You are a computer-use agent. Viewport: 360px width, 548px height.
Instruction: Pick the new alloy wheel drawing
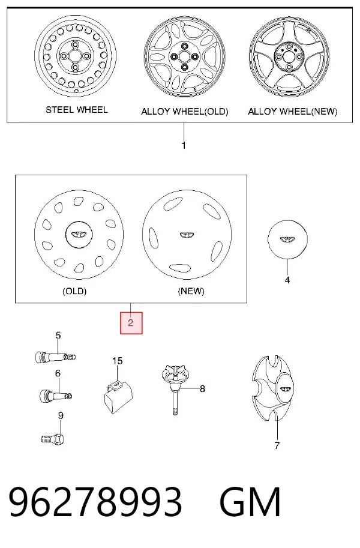(289, 58)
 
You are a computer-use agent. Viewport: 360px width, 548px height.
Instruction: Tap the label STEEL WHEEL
(77, 110)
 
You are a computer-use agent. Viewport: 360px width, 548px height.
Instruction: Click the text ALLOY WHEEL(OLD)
(185, 112)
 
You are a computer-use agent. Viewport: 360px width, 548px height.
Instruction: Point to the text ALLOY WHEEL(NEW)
(293, 112)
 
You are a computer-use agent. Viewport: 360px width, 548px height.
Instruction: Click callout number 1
(184, 145)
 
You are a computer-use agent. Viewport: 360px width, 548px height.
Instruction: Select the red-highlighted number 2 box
(131, 322)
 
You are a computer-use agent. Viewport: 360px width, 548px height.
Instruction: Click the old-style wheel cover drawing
(79, 234)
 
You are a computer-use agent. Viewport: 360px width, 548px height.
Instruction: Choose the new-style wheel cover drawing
(187, 234)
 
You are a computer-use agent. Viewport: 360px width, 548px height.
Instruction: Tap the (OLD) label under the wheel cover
(74, 291)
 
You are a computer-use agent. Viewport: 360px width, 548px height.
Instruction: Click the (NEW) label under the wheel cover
(191, 291)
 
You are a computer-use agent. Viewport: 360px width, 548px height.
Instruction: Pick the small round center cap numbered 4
(287, 239)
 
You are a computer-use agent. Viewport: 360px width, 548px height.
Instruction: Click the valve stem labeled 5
(56, 357)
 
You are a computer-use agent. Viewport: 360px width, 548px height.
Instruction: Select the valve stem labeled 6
(56, 396)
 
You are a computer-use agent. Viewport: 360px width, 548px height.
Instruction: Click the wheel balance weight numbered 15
(118, 397)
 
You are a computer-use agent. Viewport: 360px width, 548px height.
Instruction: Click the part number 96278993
(95, 502)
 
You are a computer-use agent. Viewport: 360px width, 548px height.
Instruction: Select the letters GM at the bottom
(250, 502)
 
